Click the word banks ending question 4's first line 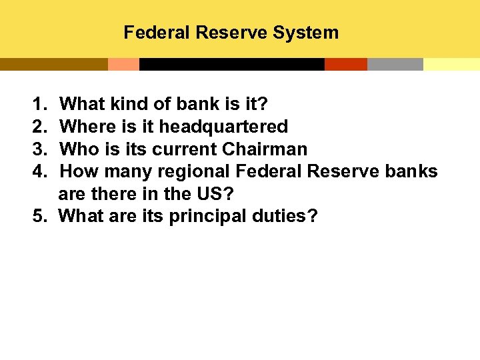pos(411,172)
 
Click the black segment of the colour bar pos(231,64)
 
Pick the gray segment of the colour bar pos(395,64)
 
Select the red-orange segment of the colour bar pos(345,64)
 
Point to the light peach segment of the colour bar pos(123,64)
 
